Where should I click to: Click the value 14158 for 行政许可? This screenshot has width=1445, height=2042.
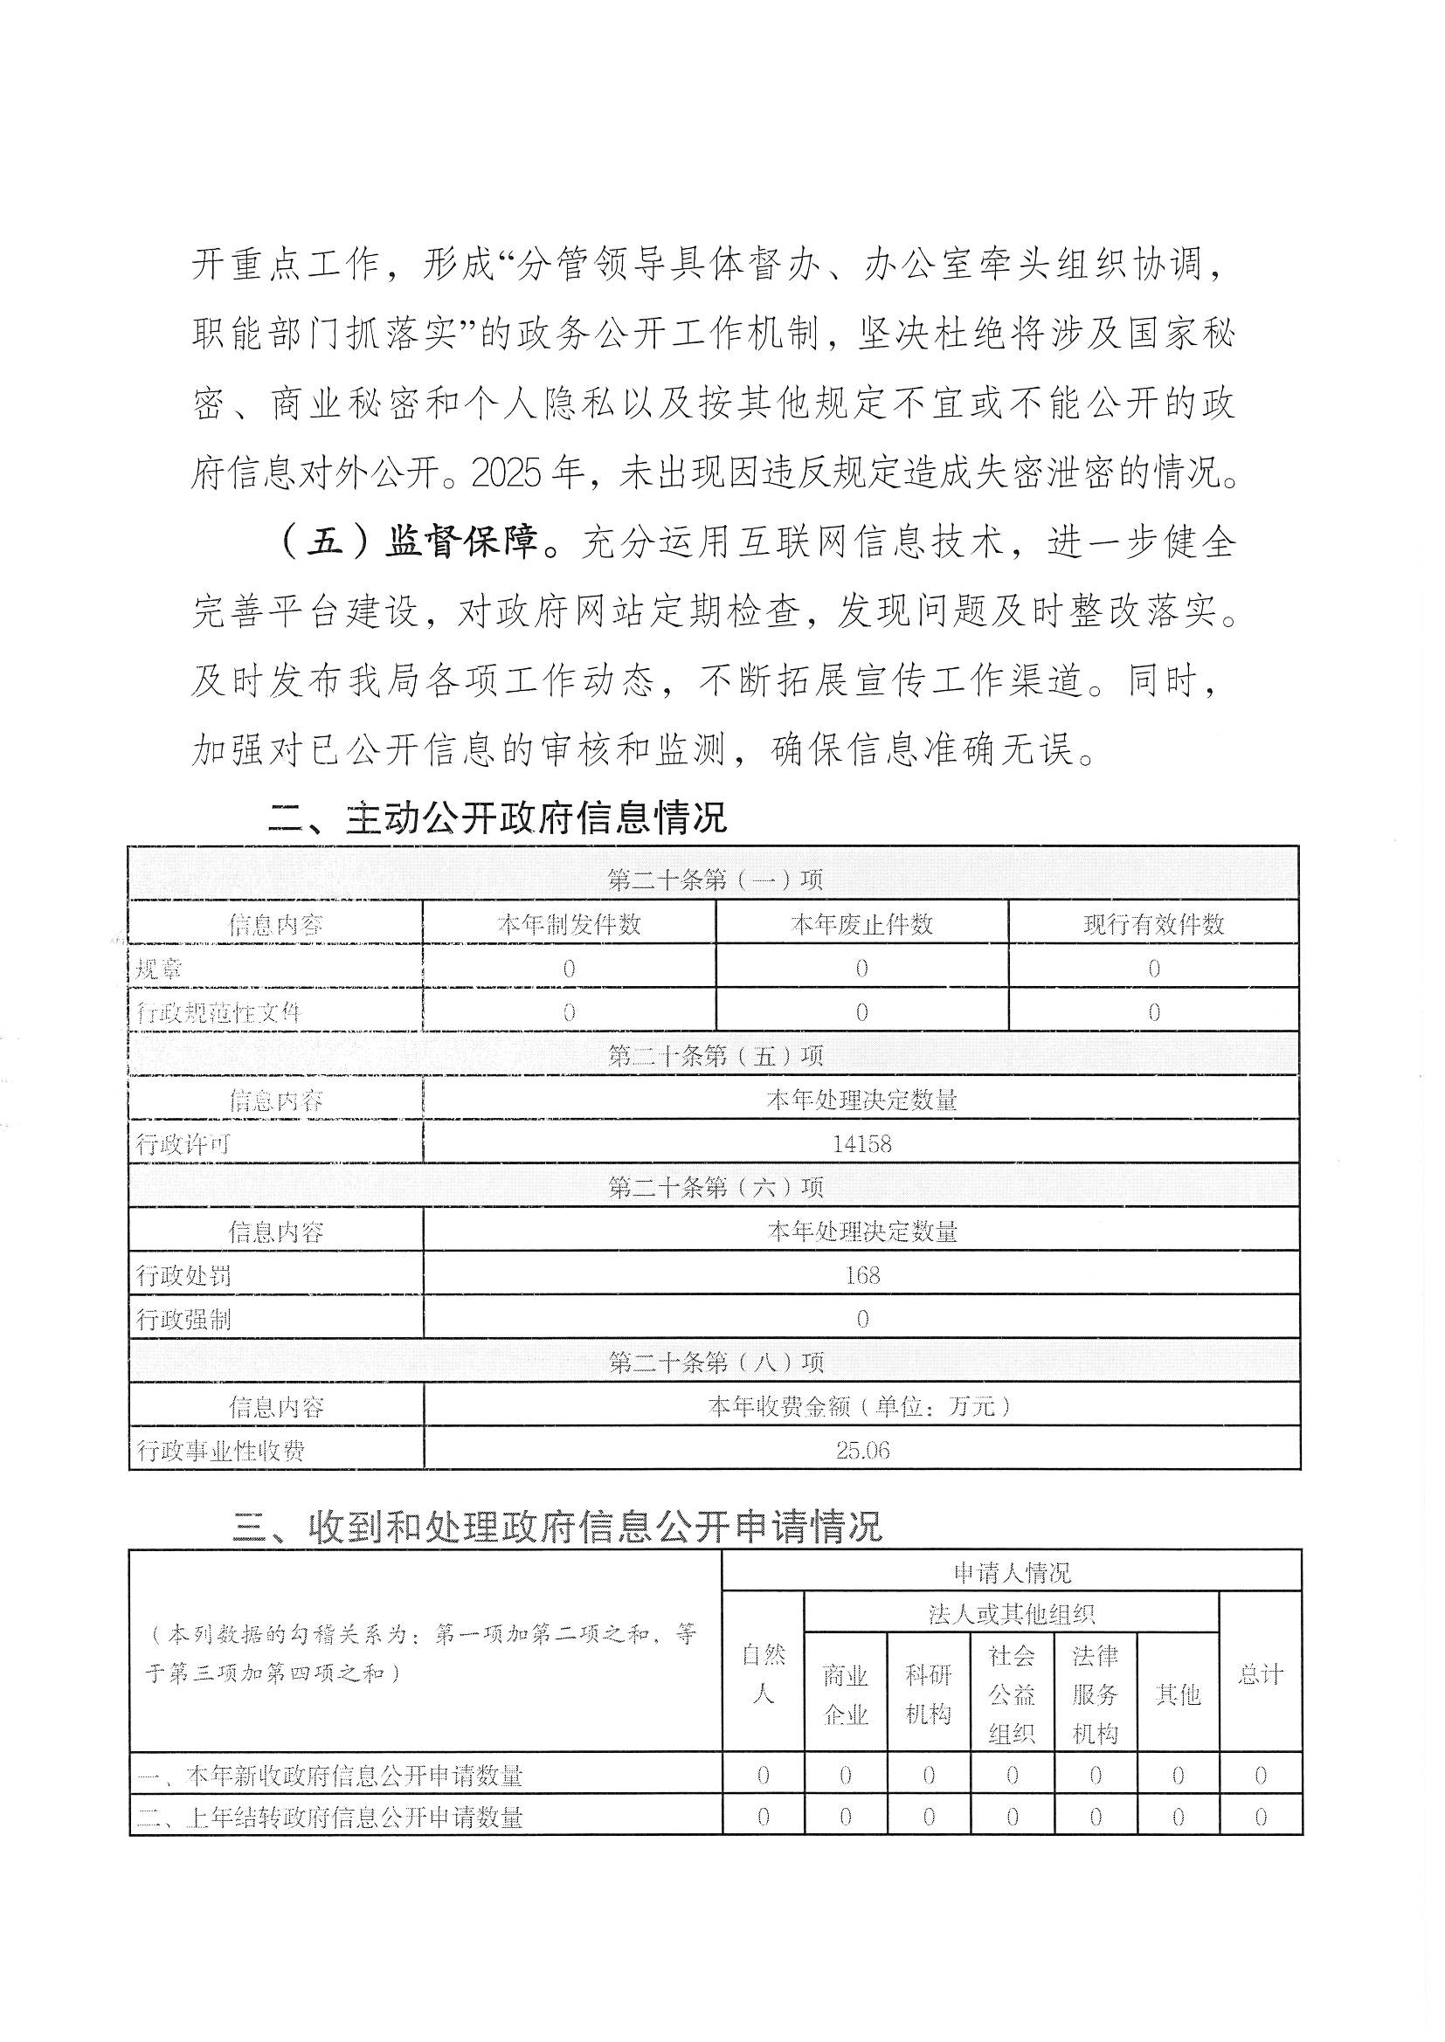861,1143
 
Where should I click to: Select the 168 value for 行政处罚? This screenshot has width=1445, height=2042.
861,1275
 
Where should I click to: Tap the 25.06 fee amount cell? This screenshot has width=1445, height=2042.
861,1451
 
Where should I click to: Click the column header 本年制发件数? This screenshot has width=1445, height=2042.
569,924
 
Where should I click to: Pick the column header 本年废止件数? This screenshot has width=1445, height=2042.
861,924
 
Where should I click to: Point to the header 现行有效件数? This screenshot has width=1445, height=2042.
1153,924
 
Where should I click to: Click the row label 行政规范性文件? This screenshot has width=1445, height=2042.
219,1012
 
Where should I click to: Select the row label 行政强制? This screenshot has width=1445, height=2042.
183,1319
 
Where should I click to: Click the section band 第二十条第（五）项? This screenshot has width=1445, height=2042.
715,1056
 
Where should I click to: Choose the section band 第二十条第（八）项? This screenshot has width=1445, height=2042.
715,1362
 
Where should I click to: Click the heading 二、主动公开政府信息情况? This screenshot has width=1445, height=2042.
497,818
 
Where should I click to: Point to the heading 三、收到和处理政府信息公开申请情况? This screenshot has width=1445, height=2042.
557,1526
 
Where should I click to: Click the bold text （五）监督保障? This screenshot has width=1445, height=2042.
408,542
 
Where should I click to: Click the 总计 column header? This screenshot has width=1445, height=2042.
1260,1674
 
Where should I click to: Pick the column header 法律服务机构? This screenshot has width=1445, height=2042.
1095,1694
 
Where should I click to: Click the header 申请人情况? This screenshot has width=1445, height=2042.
1012,1573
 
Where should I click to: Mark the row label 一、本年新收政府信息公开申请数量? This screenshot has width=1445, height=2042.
330,1776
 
